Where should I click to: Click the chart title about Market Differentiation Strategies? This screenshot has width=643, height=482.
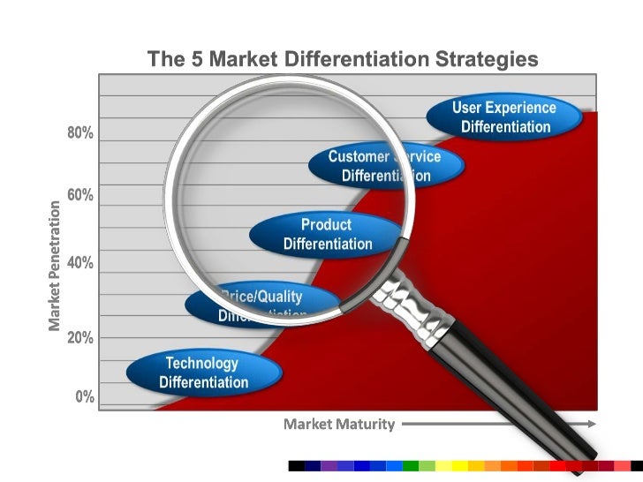[342, 60]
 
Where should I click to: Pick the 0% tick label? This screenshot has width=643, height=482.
[84, 396]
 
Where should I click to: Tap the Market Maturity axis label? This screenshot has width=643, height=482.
[339, 425]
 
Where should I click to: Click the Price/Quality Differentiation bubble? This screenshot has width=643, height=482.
[261, 305]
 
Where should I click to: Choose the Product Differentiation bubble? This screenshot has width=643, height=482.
[327, 234]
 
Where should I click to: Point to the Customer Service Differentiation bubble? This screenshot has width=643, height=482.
[385, 165]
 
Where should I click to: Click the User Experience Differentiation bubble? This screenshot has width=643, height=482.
[504, 117]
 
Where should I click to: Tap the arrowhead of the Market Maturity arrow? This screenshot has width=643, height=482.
[590, 424]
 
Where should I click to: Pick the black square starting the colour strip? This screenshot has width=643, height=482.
[297, 465]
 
